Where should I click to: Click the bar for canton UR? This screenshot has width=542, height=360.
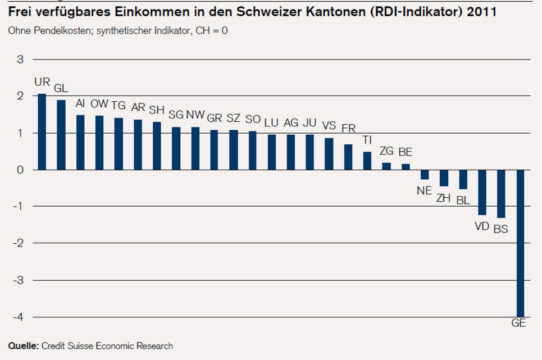(42, 131)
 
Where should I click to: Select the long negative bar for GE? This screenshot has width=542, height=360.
(521, 243)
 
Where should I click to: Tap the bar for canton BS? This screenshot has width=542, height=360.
(501, 193)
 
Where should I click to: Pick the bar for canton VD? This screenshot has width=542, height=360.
(482, 192)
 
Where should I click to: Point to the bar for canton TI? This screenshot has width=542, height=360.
(367, 161)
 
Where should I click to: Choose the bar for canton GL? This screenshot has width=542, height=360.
(61, 135)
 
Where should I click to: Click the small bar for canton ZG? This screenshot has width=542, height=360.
(386, 166)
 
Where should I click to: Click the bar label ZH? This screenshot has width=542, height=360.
(444, 197)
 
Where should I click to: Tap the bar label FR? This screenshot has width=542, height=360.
(348, 128)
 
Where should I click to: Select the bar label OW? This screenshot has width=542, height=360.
(99, 104)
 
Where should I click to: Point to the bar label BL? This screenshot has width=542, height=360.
(463, 200)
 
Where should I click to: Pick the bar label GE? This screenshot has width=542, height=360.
(518, 323)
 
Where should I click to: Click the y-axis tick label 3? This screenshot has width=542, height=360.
(20, 60)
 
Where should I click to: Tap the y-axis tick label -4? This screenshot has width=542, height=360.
(18, 317)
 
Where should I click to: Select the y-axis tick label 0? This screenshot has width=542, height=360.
(20, 170)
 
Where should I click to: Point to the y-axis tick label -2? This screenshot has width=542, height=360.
(18, 243)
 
